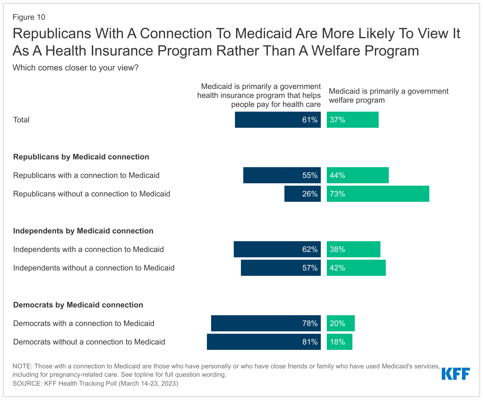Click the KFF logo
coord(456,374)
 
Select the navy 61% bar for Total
coord(278,120)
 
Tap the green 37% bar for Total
coord(352,120)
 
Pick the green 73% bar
coord(378,194)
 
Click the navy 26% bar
coord(302,194)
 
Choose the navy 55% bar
coord(282,175)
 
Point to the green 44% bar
coord(357,175)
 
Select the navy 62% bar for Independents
coord(277,249)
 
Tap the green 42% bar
coord(356,268)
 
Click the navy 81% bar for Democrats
coord(264,342)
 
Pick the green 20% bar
coord(340,323)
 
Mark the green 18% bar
coord(339,342)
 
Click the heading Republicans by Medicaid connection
coord(81,157)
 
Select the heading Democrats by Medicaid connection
coord(78,305)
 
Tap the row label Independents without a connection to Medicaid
coord(94,268)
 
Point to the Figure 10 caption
coord(29,17)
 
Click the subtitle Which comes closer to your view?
coord(75,68)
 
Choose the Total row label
coord(21,120)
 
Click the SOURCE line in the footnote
coord(95,383)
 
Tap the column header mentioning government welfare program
coord(388,96)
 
